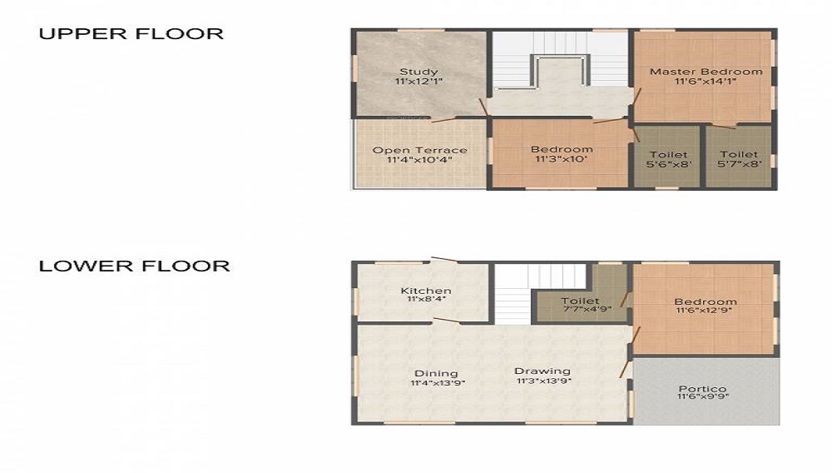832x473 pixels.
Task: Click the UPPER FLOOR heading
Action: (131, 34)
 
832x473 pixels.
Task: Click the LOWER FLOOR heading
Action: (135, 266)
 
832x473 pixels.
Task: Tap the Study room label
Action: (418, 72)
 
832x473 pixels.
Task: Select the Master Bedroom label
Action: (706, 72)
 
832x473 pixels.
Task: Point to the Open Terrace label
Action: (419, 150)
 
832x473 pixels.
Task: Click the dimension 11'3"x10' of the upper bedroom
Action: (562, 159)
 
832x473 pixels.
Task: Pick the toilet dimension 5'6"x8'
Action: (668, 164)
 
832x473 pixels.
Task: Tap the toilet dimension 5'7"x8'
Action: (739, 164)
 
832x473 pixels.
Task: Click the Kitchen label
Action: (426, 291)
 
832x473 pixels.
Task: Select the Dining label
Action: (437, 373)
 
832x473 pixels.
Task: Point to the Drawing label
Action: (542, 371)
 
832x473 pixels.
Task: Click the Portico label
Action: (702, 389)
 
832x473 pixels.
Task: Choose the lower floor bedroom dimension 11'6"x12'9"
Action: (706, 311)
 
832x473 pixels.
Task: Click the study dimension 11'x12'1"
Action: (418, 82)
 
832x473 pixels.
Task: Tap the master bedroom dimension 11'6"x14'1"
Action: (706, 82)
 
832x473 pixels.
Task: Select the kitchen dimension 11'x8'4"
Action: (426, 299)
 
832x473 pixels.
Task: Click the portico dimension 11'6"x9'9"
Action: (702, 397)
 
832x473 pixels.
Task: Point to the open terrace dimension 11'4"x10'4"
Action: (419, 159)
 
